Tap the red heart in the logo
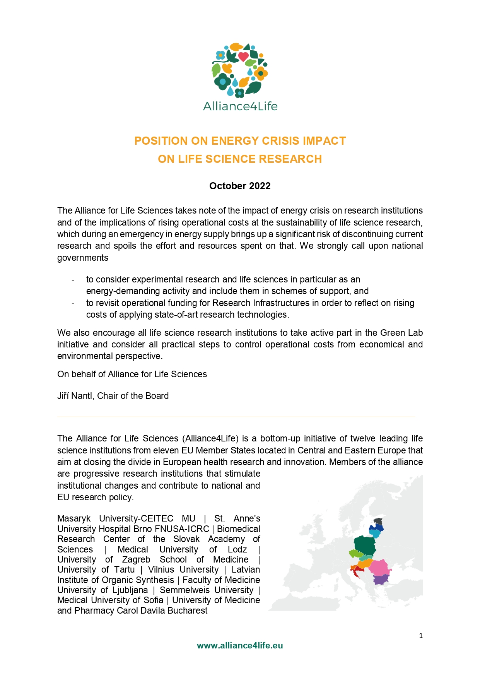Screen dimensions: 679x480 (243, 57)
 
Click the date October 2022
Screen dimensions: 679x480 (240, 186)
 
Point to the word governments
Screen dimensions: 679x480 (83, 258)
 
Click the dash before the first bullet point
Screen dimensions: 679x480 (73, 280)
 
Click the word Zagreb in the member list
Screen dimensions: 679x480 (136, 560)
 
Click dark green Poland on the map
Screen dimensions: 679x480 (365, 546)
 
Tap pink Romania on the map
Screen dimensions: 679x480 (379, 568)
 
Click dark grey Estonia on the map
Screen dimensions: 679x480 (378, 522)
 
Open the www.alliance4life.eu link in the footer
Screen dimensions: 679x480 (240, 646)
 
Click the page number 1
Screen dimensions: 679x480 (421, 636)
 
